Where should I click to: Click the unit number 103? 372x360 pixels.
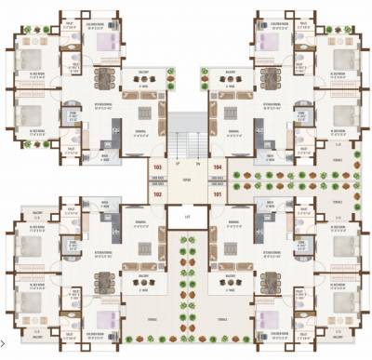point(156,168)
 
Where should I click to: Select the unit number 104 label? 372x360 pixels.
point(217,168)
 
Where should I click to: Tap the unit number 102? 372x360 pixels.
point(156,195)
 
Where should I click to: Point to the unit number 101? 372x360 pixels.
point(217,195)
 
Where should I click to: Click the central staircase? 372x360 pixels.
point(187,140)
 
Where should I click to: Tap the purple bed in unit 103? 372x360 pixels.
point(100,42)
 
